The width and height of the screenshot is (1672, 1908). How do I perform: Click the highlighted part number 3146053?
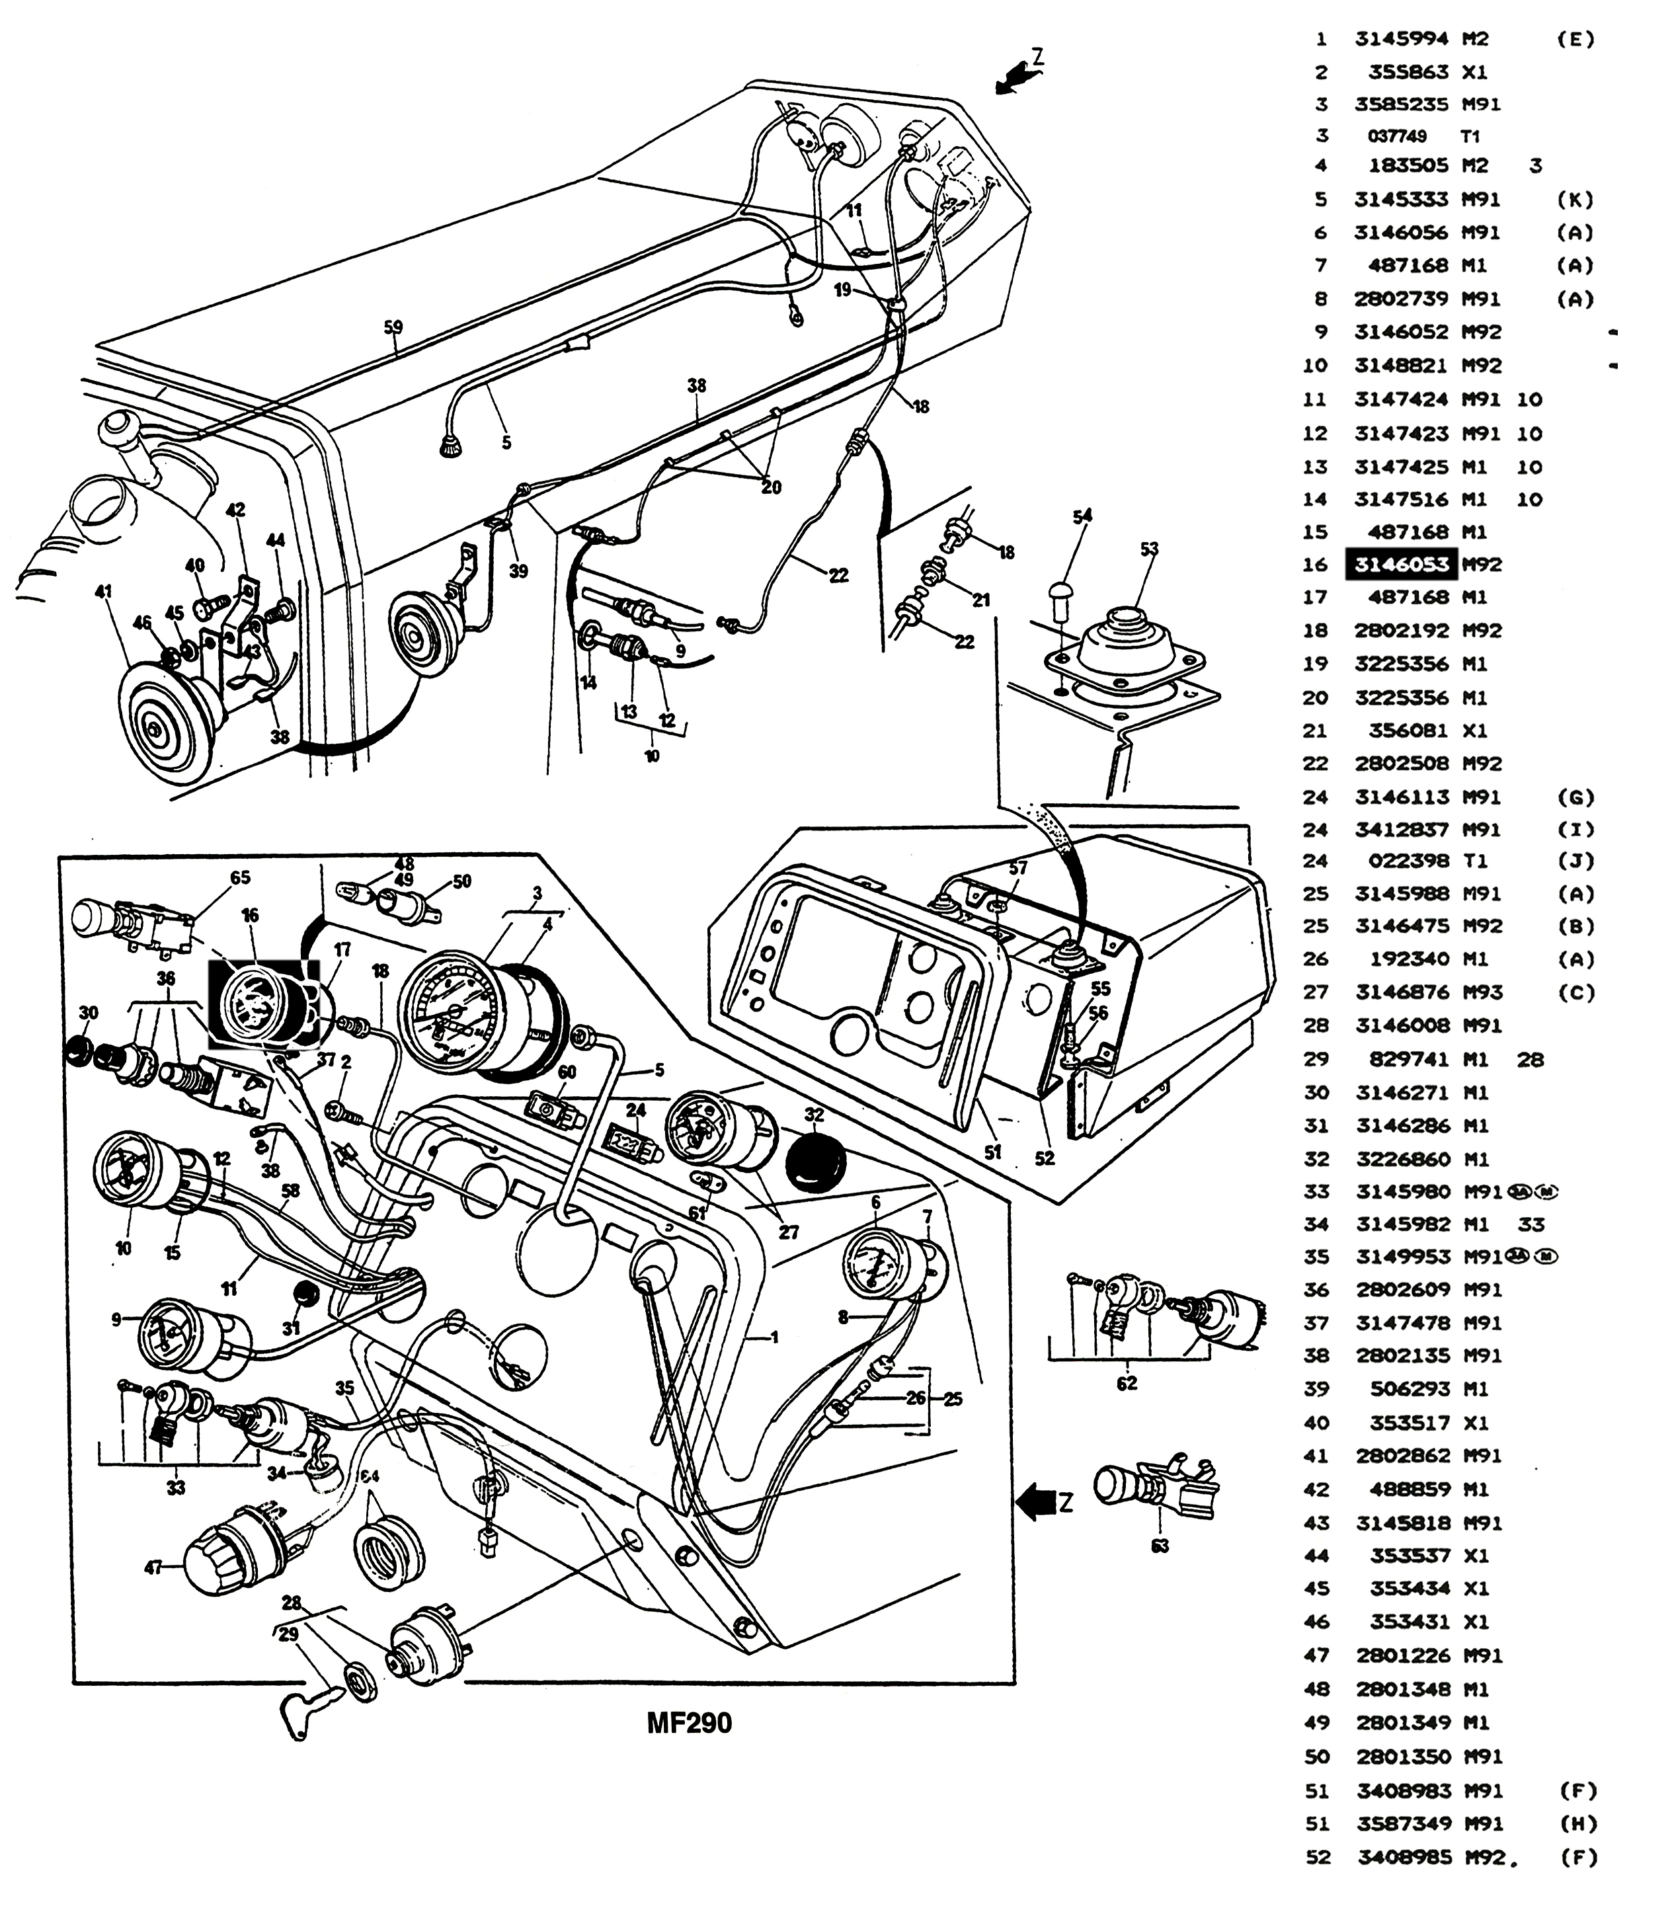point(1402,565)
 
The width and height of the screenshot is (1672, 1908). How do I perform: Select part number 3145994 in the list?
point(1402,39)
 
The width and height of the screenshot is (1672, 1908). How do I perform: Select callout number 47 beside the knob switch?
point(153,1568)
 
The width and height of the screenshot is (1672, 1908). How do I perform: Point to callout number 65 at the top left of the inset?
point(241,877)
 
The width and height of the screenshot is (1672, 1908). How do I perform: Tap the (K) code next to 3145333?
point(1576,200)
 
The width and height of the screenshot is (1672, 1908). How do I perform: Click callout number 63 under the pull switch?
point(1160,1546)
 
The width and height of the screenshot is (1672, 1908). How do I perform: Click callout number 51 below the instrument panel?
point(993,1152)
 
